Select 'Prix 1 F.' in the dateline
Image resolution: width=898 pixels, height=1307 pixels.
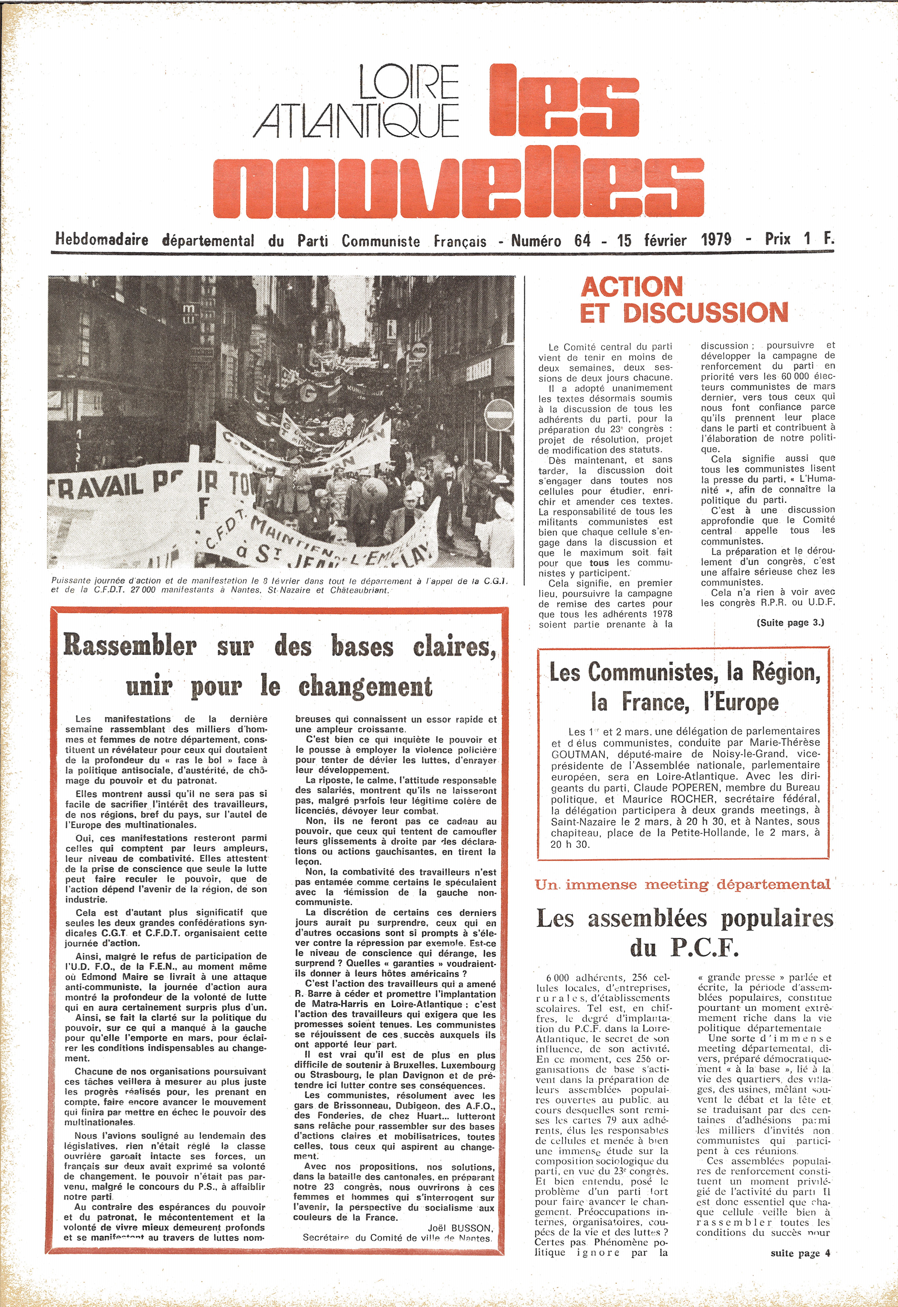click(799, 239)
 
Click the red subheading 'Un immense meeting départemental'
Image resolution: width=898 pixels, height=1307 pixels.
click(682, 884)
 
